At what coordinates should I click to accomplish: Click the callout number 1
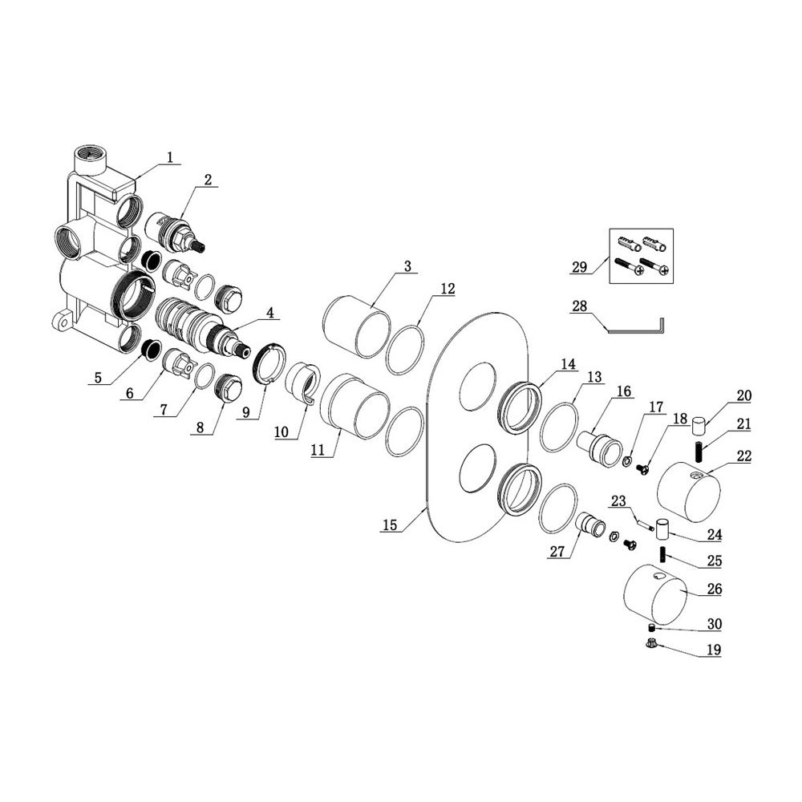[x=169, y=157]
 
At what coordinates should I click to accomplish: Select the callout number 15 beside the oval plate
[x=390, y=525]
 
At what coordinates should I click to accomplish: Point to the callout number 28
[x=581, y=306]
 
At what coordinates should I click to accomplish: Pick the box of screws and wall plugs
[x=642, y=255]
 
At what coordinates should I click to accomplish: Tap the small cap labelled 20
[x=698, y=422]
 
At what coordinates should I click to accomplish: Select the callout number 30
[x=714, y=624]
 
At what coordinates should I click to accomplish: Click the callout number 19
[x=714, y=650]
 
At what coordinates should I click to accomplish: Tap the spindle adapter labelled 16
[x=599, y=444]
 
